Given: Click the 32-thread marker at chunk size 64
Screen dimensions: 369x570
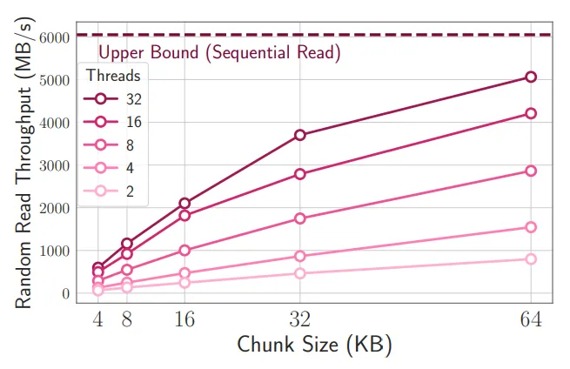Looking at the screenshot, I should coord(531,77).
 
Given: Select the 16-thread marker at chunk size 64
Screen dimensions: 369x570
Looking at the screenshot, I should coord(531,113).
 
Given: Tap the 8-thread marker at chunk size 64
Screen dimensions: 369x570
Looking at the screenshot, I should coord(531,171).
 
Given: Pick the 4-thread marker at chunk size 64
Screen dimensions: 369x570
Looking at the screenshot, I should coord(531,227).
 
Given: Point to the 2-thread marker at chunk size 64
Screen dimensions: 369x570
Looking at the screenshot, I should coord(531,259).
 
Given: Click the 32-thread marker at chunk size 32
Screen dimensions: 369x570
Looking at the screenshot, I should coord(300,135).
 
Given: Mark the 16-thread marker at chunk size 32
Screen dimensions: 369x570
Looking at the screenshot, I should coord(300,174).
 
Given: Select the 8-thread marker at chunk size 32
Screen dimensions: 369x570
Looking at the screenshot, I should coord(300,218).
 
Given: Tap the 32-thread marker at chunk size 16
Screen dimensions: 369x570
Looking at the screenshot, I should coord(184,203).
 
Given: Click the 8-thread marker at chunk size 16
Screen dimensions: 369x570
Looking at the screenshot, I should coord(184,250).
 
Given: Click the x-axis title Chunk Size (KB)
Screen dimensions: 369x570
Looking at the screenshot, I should coord(314,345).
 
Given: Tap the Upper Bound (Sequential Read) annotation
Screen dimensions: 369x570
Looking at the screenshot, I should coord(218,52).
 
